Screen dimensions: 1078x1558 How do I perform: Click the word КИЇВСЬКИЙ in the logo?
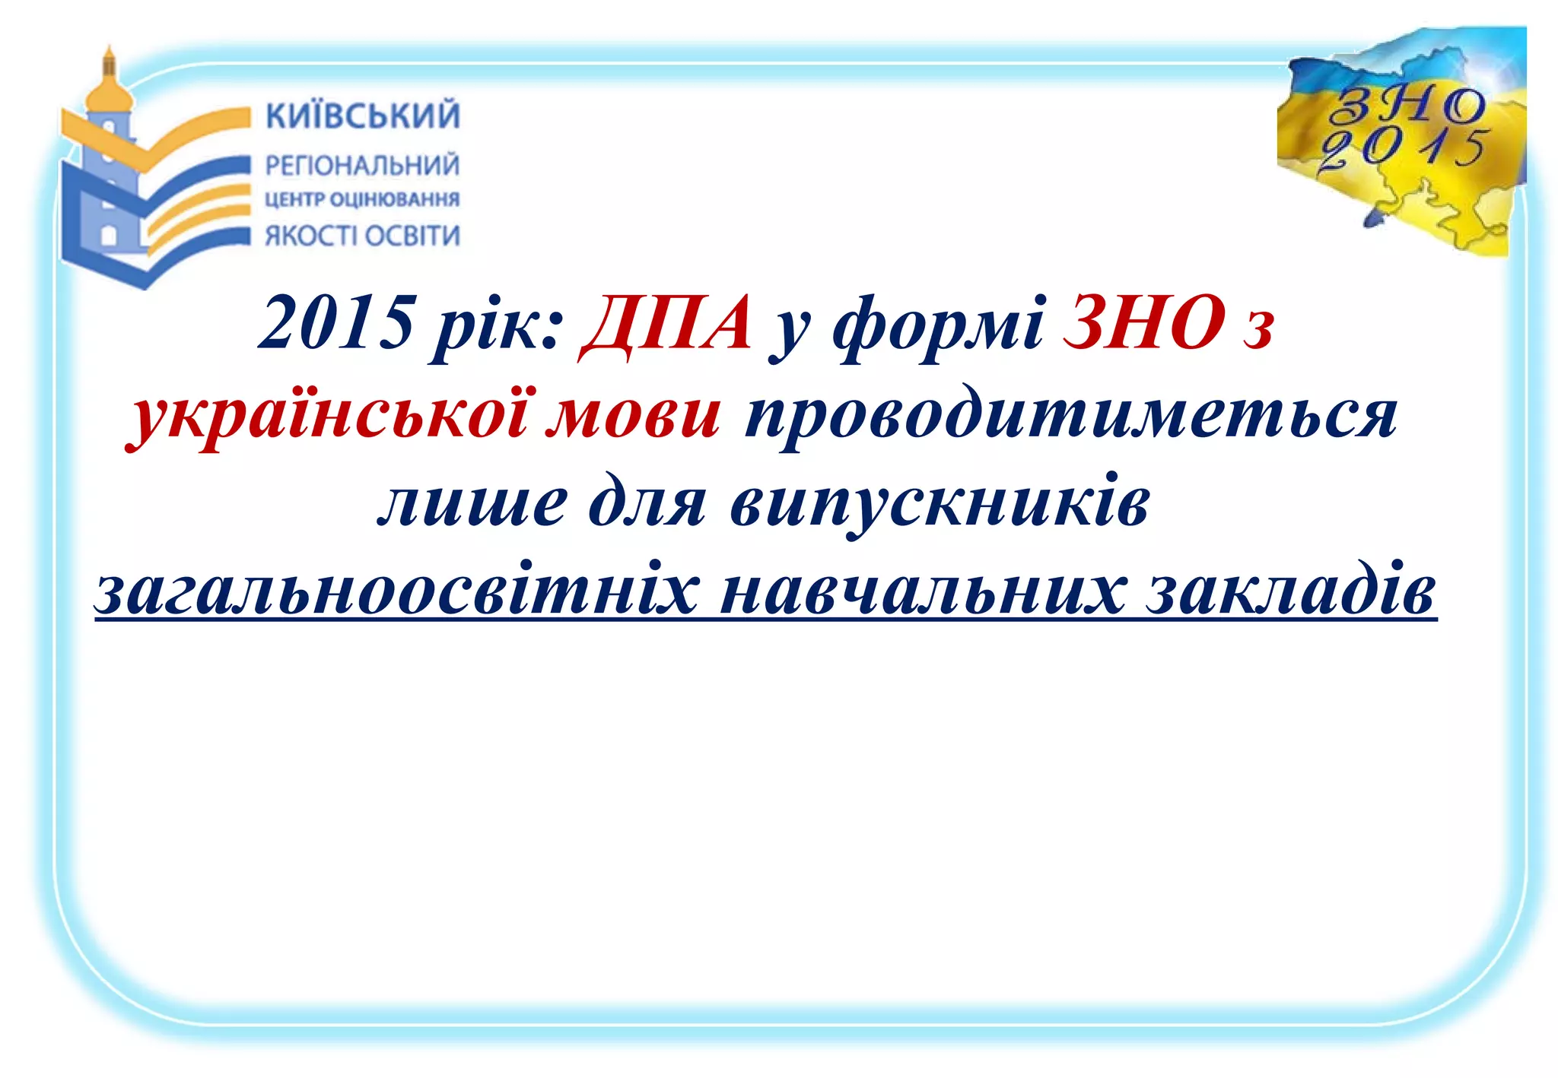coord(363,116)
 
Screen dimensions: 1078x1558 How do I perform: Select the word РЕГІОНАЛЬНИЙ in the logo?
coord(362,165)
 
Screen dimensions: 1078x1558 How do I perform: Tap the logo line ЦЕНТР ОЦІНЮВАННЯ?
coord(362,199)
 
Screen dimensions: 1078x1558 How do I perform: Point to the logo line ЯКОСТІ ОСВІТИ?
coord(362,236)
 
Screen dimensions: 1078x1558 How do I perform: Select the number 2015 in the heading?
coord(336,323)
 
